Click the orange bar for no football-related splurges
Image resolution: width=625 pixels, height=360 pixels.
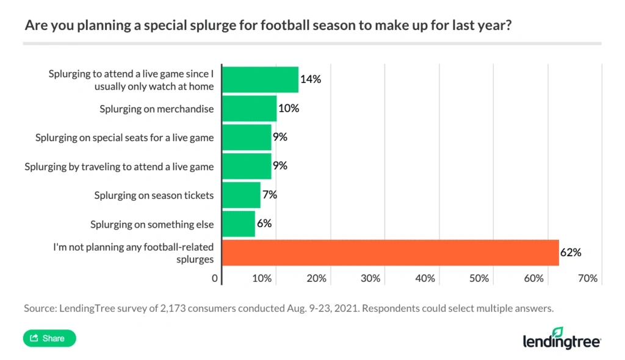tap(391, 253)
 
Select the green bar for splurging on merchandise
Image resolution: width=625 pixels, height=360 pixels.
tap(249, 109)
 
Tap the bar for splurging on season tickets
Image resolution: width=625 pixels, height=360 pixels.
tap(241, 195)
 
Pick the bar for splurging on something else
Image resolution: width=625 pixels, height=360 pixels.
tap(239, 224)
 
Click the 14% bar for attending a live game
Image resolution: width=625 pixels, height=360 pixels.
tap(260, 80)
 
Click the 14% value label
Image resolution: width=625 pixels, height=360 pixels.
tap(311, 79)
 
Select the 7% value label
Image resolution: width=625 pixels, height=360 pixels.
tap(269, 195)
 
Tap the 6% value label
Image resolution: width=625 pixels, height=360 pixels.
tap(264, 224)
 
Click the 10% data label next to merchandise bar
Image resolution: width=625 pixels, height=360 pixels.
tap(289, 109)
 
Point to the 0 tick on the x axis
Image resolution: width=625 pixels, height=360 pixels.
tap(215, 278)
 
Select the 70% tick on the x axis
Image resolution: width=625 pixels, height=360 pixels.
tap(587, 278)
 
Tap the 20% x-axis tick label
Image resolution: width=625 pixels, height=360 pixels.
tap(316, 278)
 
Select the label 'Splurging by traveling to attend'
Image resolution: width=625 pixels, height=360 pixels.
tap(119, 167)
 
